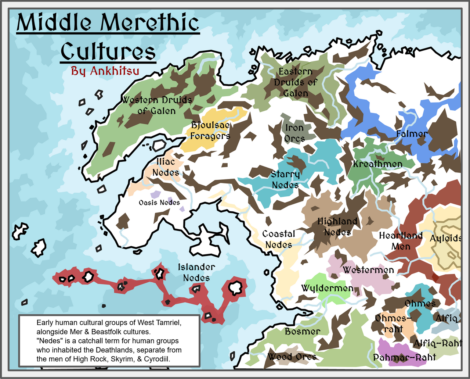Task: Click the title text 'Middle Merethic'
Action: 108,23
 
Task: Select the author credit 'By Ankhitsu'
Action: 105,71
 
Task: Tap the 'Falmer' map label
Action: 412,134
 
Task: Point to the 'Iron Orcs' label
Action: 294,133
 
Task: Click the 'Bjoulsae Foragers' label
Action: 210,130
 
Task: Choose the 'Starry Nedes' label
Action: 285,179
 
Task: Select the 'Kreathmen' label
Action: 377,164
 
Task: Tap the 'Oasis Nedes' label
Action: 159,203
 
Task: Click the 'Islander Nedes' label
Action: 196,272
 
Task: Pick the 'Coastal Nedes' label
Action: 279,239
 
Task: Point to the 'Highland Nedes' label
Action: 337,226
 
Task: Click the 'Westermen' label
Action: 368,270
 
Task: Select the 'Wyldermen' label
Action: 327,288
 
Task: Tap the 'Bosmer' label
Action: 303,332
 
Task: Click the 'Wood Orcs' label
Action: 292,357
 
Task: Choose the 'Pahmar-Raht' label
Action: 404,357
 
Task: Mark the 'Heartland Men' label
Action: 401,241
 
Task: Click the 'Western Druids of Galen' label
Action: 157,105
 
